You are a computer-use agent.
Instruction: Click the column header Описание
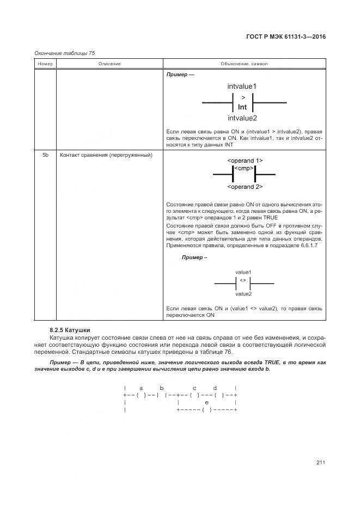click(109, 64)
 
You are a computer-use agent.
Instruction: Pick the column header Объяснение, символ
click(244, 64)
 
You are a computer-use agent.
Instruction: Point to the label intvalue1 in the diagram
click(242, 86)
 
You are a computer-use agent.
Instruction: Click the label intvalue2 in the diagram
click(242, 118)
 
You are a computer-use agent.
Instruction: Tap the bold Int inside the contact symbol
click(242, 107)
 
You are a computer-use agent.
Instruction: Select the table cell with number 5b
click(45, 155)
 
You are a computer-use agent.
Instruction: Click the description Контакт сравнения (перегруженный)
click(106, 155)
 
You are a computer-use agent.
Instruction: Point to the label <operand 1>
click(245, 161)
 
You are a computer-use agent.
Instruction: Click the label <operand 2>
click(245, 187)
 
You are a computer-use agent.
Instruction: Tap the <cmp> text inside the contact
click(245, 169)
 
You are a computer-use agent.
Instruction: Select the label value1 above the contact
click(243, 272)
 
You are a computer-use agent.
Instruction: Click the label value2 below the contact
click(243, 294)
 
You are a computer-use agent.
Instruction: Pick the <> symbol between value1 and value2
click(243, 280)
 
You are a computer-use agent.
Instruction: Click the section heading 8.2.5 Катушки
click(70, 330)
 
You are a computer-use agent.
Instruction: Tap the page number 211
click(320, 462)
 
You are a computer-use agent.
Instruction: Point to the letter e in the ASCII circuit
click(206, 402)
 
